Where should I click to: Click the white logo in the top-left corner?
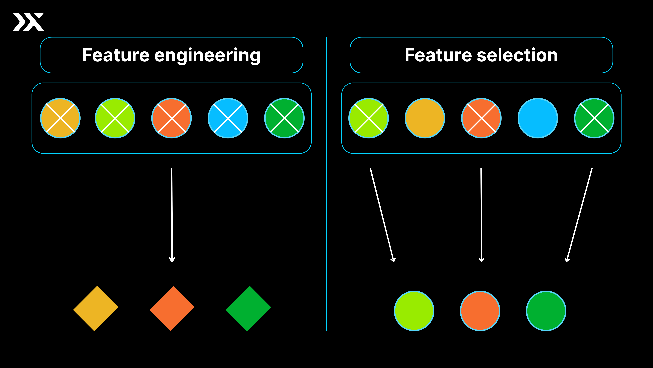[28, 22]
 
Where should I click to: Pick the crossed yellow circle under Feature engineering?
[60, 118]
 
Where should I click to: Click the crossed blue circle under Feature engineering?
[228, 118]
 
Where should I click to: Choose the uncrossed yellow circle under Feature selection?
[425, 118]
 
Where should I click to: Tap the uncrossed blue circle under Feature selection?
[538, 118]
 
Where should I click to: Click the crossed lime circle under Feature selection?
[369, 118]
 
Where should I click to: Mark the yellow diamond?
[96, 308]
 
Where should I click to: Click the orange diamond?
[172, 308]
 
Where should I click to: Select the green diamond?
[248, 308]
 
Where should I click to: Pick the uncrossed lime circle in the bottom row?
[414, 311]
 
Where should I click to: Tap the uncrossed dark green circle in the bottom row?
[546, 311]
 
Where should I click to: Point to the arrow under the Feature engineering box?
[172, 215]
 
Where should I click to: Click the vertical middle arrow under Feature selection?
[481, 215]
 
